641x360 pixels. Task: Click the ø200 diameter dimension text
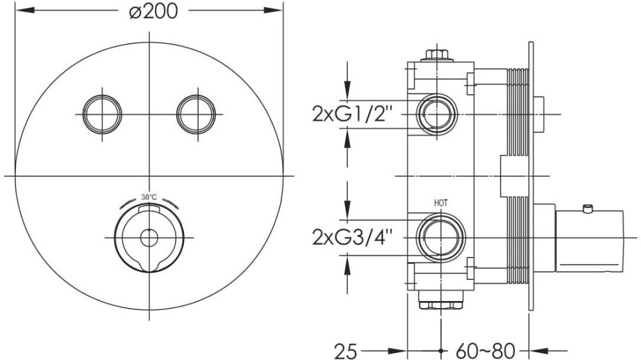tap(153, 12)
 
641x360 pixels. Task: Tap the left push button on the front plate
tap(102, 115)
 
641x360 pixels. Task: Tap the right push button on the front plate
tap(196, 115)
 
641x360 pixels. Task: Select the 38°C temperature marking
tap(149, 197)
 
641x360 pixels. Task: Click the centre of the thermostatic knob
tap(149, 238)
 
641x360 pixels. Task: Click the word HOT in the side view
tap(441, 202)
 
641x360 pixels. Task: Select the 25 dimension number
tap(345, 350)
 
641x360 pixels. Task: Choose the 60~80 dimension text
tap(485, 350)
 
